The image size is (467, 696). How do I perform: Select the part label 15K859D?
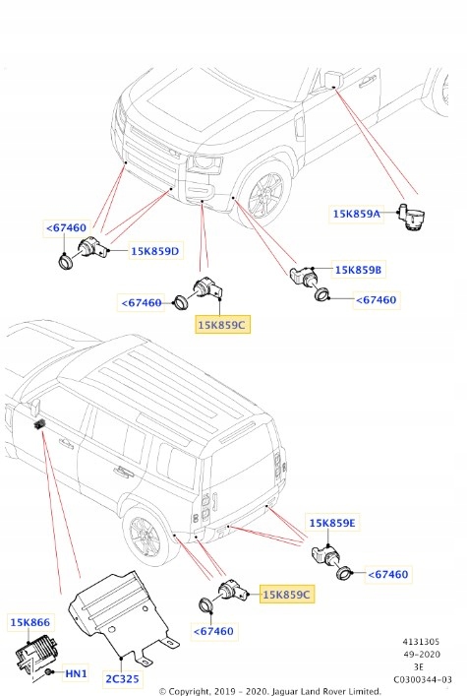(155, 251)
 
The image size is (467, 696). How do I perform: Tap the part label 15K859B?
(358, 269)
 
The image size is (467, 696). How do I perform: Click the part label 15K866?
(30, 623)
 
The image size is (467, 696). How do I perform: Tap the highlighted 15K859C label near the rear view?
(286, 595)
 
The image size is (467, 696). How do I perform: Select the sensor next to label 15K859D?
(95, 250)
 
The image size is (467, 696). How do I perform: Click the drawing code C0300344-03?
(423, 679)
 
